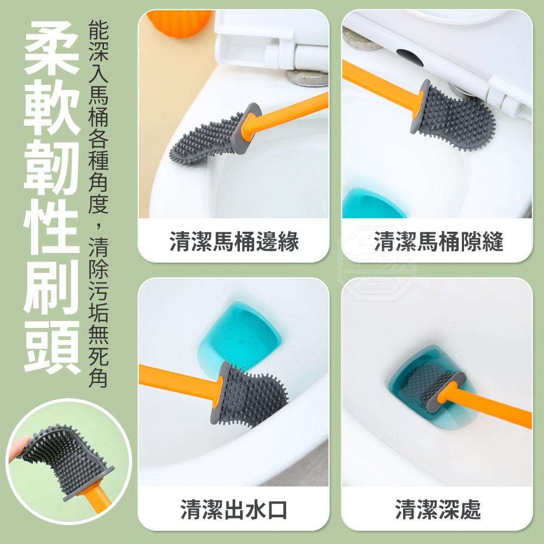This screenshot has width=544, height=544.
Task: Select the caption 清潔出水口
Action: [234, 510]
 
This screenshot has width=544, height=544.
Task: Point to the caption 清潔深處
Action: [438, 510]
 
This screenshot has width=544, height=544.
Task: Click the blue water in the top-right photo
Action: [370, 204]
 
